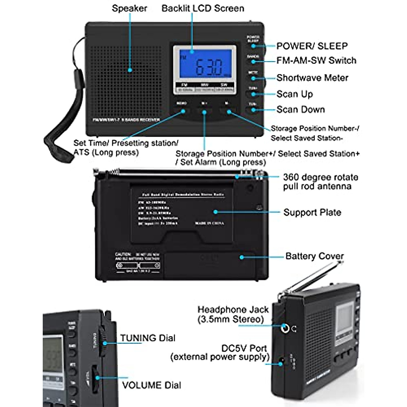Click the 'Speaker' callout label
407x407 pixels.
[x=129, y=8]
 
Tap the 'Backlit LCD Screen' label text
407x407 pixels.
[x=203, y=8]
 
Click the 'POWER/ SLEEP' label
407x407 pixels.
[x=312, y=46]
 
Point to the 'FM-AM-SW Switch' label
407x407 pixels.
[x=316, y=61]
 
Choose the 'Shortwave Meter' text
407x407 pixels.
[x=312, y=78]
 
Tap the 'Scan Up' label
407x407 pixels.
[x=295, y=94]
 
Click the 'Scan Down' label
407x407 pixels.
[x=301, y=110]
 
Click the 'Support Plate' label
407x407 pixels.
[x=312, y=213]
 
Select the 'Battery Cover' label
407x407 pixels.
[x=314, y=256]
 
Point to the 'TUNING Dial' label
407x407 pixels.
[x=148, y=338]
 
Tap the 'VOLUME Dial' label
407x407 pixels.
[x=152, y=385]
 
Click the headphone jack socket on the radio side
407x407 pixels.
[x=285, y=328]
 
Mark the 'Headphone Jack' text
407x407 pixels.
[x=233, y=310]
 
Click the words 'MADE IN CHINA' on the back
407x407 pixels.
[x=209, y=224]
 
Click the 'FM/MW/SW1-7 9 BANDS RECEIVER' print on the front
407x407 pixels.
[x=126, y=120]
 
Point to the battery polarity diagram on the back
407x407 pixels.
[x=138, y=266]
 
